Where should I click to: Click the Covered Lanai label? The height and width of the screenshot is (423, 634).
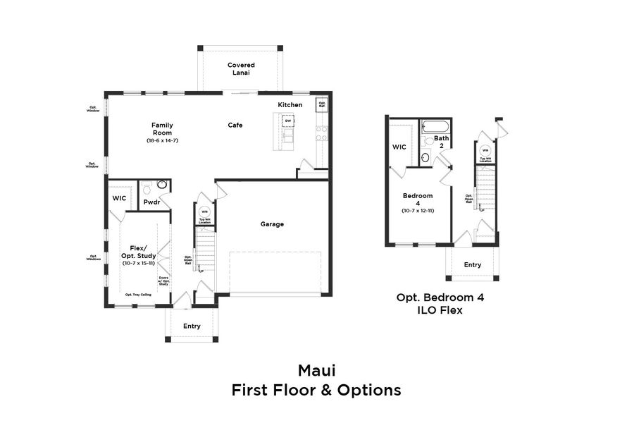241,68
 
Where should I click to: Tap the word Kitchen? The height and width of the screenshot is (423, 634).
290,105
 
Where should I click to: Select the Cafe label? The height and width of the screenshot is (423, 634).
235,125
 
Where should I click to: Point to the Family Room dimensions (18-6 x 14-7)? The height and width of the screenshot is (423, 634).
162,140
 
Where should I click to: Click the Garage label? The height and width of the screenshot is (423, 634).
272,224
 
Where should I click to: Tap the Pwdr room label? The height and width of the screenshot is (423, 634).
151,202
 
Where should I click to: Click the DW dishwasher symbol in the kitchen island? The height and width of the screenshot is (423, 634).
288,121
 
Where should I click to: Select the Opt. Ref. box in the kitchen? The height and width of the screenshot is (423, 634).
322,104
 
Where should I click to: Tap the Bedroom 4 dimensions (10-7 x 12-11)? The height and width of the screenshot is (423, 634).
418,211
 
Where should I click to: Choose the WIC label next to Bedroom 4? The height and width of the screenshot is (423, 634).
399,147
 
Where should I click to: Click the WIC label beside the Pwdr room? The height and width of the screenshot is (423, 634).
119,198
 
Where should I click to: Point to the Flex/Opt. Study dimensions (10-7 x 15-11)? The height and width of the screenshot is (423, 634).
139,263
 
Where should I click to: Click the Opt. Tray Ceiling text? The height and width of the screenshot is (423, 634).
139,294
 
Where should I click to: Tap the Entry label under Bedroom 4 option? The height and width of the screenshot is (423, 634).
473,265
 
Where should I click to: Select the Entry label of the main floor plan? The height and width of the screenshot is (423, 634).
192,326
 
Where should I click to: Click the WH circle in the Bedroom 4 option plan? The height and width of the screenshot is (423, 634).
485,151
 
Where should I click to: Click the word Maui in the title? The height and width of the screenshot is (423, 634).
316,370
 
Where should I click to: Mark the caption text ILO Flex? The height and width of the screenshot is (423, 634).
440,310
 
